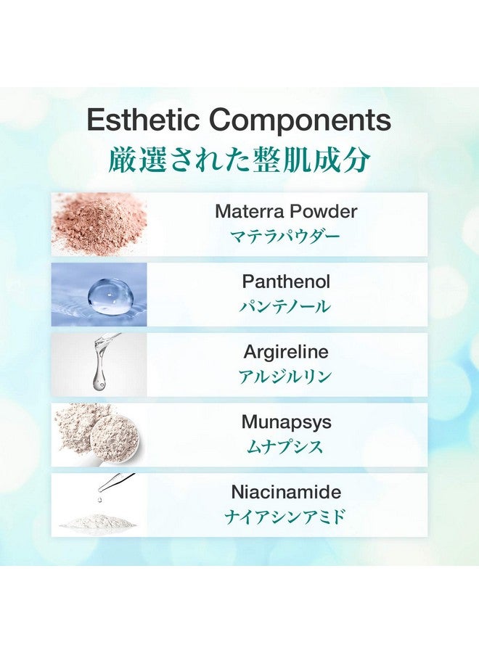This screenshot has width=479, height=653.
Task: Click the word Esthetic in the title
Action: pos(144,120)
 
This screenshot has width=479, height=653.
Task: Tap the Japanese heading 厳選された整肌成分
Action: pos(239,160)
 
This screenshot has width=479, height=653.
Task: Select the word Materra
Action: pos(250,211)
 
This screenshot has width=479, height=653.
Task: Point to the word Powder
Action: pos(324,211)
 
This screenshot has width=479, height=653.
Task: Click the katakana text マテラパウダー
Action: pos(285,236)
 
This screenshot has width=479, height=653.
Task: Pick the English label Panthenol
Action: pos(286,282)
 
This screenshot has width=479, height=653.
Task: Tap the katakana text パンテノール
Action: pos(285,306)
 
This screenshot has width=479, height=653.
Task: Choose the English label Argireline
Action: pos(286,352)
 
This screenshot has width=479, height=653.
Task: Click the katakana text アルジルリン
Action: pos(285,377)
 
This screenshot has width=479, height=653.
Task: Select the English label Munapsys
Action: pos(286,422)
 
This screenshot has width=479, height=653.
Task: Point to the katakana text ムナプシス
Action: pos(285,447)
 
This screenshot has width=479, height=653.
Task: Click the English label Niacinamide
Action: pos(286,492)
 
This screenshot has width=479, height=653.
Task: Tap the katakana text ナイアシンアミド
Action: pos(285,517)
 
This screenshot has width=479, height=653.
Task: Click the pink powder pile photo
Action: pos(99,224)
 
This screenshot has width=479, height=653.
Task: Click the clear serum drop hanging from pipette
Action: pos(99,371)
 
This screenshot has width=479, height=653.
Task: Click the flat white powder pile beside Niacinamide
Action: pos(97,520)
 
